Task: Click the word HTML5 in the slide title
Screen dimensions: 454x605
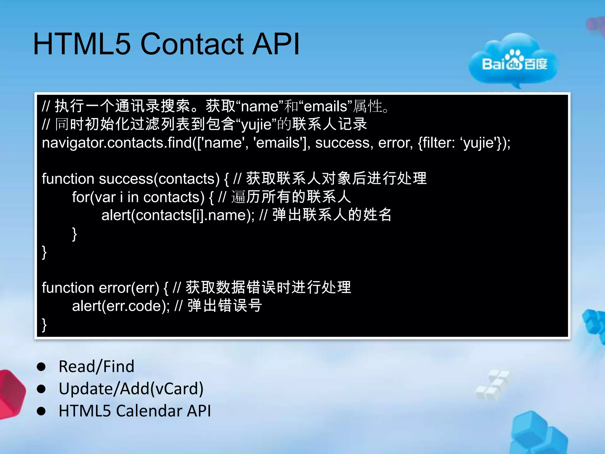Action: tap(82, 44)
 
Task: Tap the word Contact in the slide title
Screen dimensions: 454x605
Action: tap(192, 44)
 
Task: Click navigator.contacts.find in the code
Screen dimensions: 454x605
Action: tap(117, 143)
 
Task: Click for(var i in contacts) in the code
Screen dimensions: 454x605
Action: tap(138, 197)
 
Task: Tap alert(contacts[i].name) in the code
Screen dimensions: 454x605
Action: tap(177, 215)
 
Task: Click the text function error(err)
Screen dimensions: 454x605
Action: tap(100, 288)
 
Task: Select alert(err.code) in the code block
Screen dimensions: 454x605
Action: tap(120, 306)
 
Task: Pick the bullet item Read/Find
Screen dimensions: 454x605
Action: tap(96, 367)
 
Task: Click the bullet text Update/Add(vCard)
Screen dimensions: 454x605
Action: tap(131, 389)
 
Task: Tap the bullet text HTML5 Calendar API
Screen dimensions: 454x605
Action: tap(135, 411)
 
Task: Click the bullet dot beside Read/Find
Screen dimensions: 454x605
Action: tap(41, 367)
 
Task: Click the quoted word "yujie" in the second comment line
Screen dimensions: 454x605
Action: tap(256, 125)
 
